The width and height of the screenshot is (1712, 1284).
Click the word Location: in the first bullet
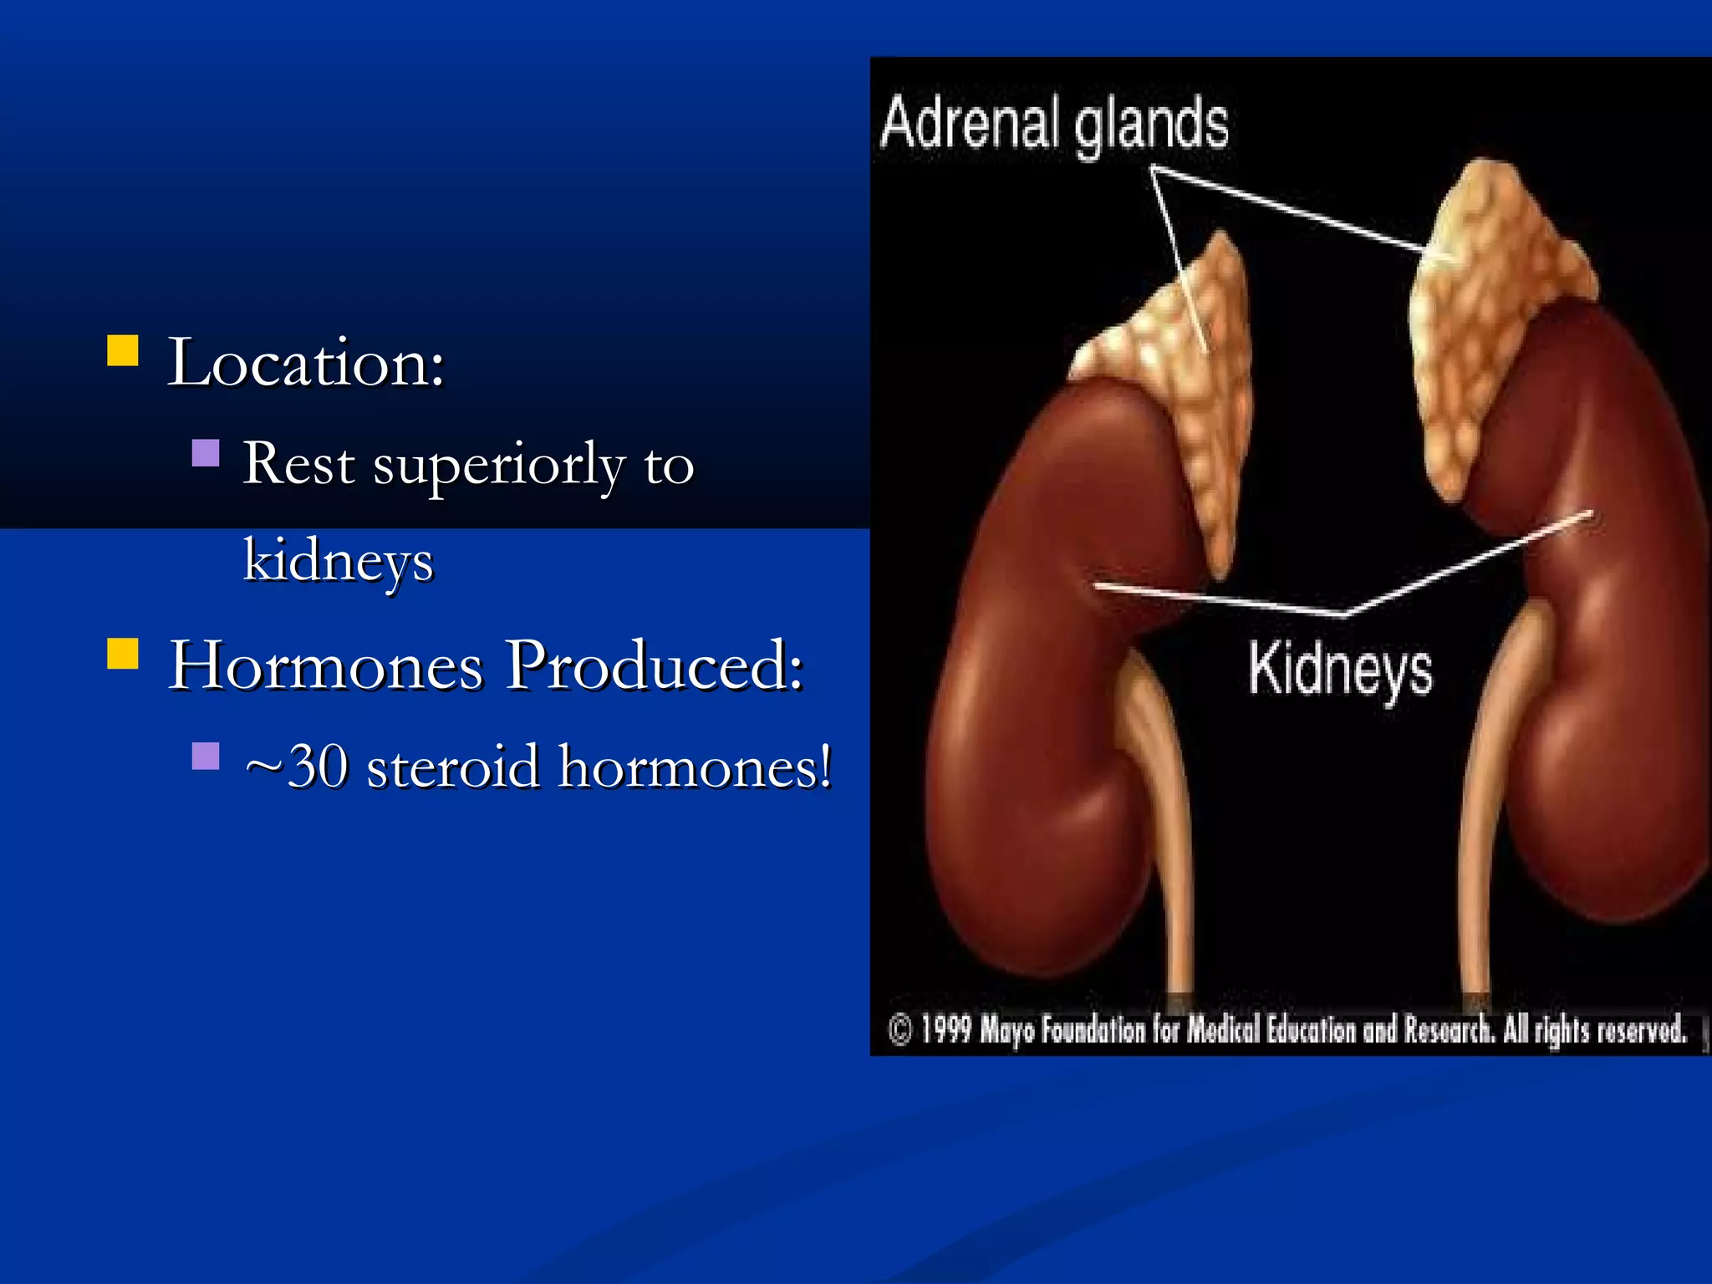(306, 363)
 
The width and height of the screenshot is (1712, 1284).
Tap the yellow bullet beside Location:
(123, 351)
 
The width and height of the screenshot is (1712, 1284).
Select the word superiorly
(498, 465)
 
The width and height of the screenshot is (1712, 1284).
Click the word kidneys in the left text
(339, 561)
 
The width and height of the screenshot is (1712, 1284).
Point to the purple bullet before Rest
(205, 453)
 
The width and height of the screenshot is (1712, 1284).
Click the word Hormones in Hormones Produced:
(326, 665)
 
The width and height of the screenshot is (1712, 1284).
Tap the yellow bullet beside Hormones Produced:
(123, 654)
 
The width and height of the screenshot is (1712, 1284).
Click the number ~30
(297, 767)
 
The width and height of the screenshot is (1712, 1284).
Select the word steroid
(453, 767)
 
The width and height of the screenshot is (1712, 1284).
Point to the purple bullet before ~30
(205, 756)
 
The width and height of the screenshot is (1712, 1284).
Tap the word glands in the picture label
(1151, 125)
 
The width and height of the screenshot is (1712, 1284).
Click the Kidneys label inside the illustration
(1340, 670)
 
